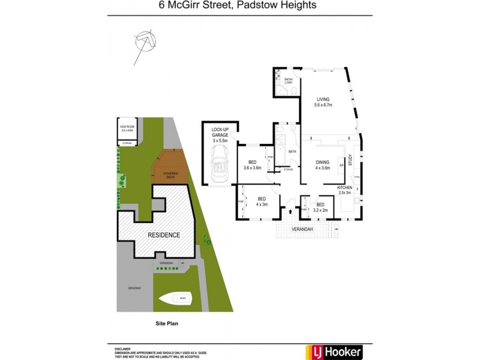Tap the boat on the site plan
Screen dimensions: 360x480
pyautogui.click(x=175, y=298)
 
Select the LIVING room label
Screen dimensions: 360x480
pyautogui.click(x=323, y=102)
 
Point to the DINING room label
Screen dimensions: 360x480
pyautogui.click(x=323, y=164)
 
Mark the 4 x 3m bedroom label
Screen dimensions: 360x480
pyautogui.click(x=262, y=201)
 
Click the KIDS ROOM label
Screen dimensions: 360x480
pyautogui.click(x=127, y=128)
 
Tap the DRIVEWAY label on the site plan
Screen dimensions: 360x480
pyautogui.click(x=134, y=289)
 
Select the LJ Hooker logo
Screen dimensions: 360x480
pyautogui.click(x=335, y=351)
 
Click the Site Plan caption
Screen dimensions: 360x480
pyautogui.click(x=167, y=323)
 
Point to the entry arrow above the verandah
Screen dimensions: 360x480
pyautogui.click(x=290, y=211)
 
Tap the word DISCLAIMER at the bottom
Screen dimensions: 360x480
pyautogui.click(x=123, y=348)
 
